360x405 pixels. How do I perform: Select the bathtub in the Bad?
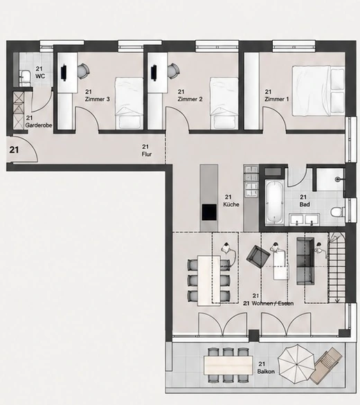(x=274, y=202)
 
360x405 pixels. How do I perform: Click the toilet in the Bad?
(x=337, y=212)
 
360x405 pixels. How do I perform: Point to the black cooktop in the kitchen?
(x=209, y=212)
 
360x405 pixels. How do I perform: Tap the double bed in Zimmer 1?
(x=318, y=91)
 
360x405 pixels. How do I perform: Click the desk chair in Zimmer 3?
(x=83, y=71)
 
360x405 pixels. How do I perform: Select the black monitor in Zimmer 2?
(x=154, y=73)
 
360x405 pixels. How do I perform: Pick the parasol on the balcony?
(x=296, y=364)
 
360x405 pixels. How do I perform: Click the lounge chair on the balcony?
(x=327, y=366)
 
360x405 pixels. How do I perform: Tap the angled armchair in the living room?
(x=258, y=257)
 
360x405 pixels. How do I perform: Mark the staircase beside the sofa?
(x=336, y=268)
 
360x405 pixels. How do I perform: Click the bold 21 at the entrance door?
(x=14, y=150)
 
